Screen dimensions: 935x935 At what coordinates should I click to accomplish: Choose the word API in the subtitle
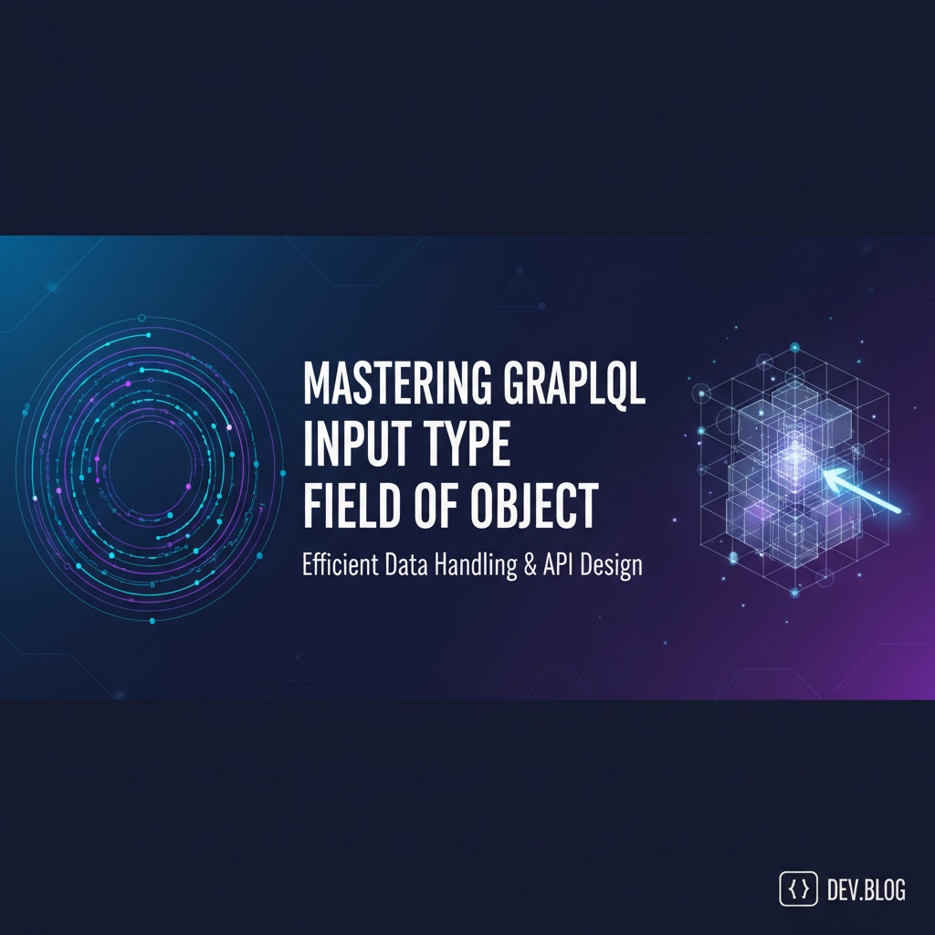coord(560,565)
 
